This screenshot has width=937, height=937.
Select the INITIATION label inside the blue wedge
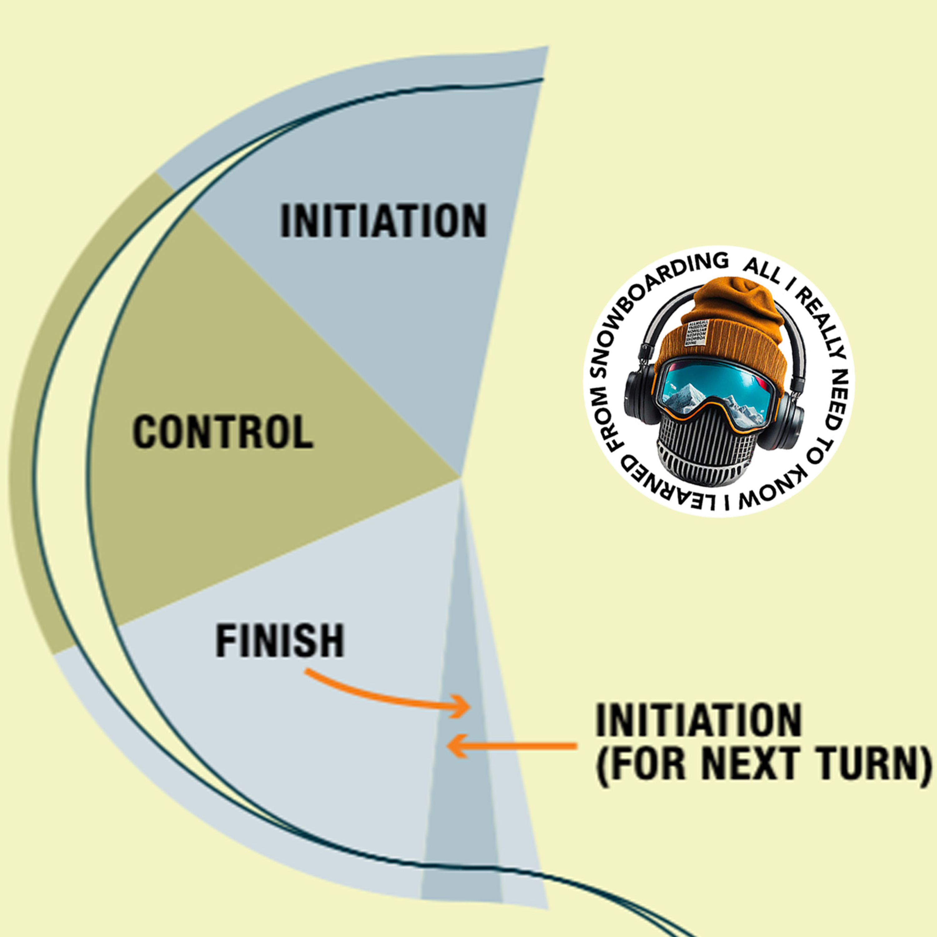(x=383, y=221)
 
